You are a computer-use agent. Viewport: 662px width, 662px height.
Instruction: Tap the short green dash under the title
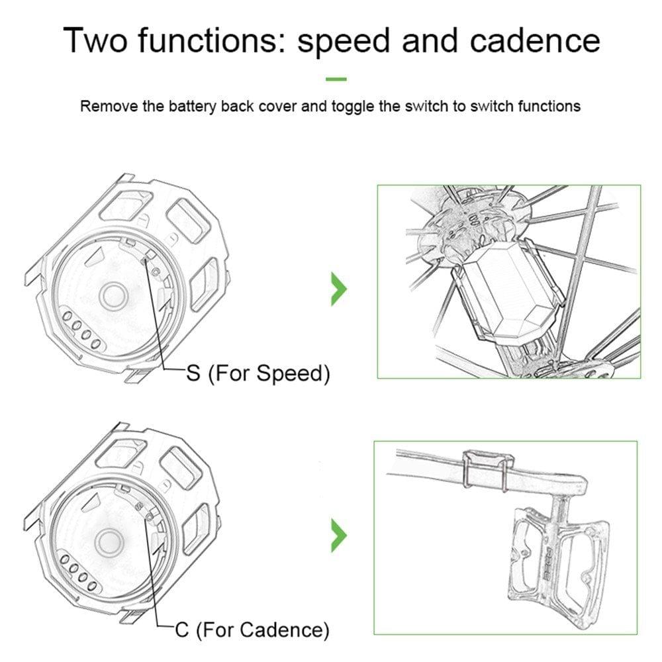click(336, 79)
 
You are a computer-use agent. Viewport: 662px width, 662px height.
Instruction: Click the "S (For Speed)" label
click(258, 373)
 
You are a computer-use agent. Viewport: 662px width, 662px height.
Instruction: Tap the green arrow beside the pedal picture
click(339, 535)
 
